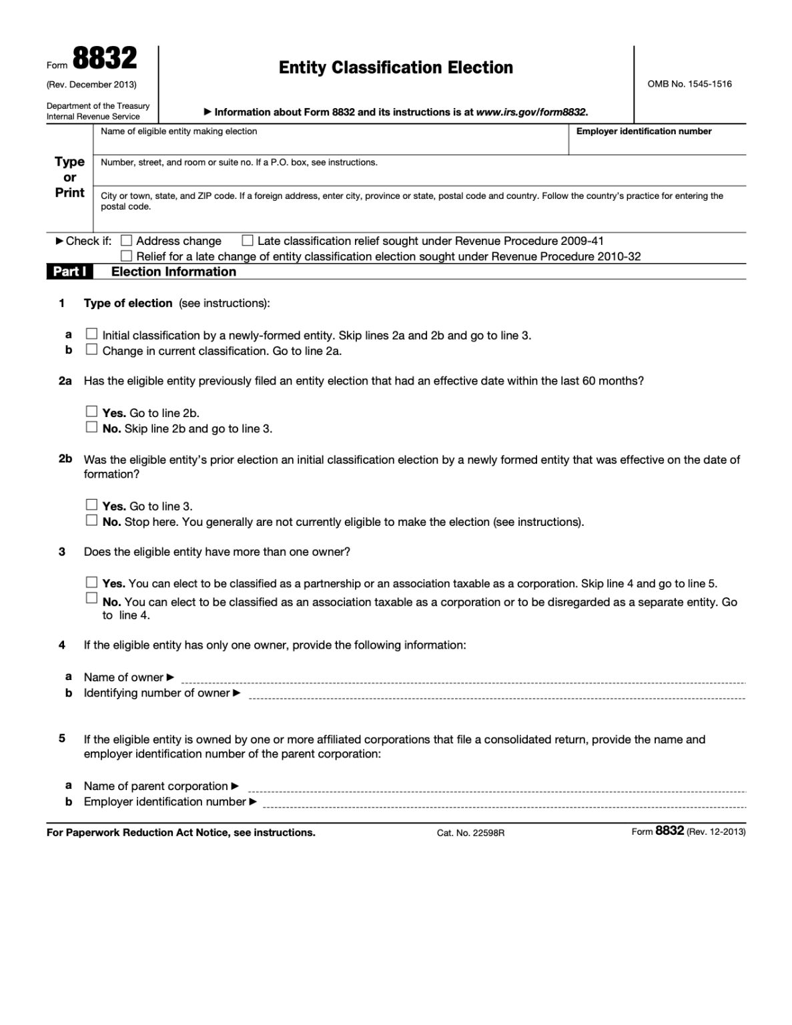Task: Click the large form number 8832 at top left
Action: (104, 59)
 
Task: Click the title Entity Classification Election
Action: (396, 67)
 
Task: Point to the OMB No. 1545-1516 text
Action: (689, 84)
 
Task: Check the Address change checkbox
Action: (126, 241)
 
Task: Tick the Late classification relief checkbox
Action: (248, 241)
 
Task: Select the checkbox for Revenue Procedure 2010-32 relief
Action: (126, 256)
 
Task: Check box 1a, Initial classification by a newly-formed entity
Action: (91, 334)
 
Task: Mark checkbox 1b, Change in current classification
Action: (91, 349)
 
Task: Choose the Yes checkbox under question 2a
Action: (91, 412)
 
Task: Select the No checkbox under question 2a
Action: (91, 427)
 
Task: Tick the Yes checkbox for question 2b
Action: (91, 504)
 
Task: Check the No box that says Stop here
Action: (91, 521)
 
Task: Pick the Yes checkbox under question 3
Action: (91, 583)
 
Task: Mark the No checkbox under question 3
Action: (91, 598)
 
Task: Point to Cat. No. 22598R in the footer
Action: (470, 833)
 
